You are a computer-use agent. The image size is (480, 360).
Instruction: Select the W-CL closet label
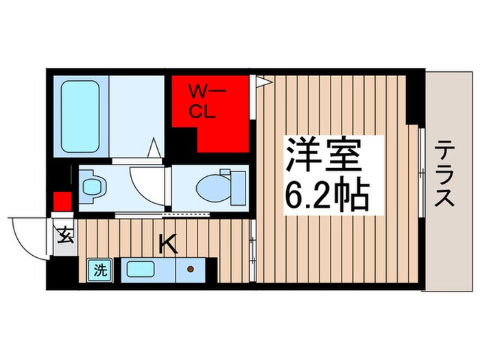click(x=204, y=101)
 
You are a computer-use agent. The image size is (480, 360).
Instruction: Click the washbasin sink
click(x=92, y=186)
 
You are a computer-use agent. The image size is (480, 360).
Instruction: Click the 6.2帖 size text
click(x=328, y=195)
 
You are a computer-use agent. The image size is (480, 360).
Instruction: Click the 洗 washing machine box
click(x=99, y=269)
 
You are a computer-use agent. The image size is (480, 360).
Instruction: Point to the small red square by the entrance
click(x=62, y=202)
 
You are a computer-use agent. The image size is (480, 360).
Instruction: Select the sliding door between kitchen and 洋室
click(x=253, y=250)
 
